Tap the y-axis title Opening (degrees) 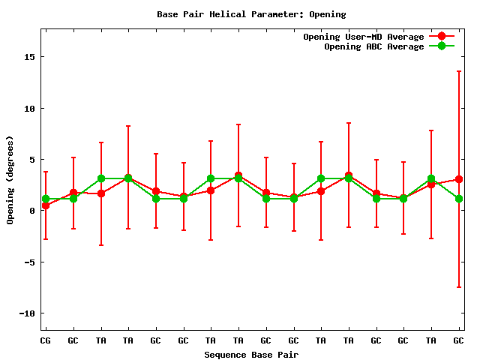[10, 180]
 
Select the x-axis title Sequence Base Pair [251, 354]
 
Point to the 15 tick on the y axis [31, 57]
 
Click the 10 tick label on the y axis [31, 108]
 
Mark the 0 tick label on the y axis [34, 211]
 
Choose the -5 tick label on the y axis [31, 262]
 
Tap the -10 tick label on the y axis [28, 313]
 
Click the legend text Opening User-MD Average [363, 37]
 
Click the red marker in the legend [442, 37]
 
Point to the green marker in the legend [442, 46]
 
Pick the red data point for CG [46, 205]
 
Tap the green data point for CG [46, 199]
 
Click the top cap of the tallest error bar [459, 71]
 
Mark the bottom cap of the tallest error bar [459, 287]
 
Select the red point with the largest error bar [459, 179]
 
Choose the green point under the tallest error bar [459, 199]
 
